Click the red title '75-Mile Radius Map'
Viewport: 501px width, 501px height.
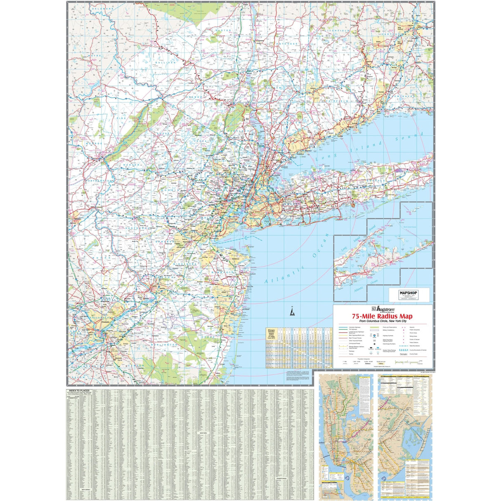click(382, 317)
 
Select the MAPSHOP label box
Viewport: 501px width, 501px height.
click(409, 294)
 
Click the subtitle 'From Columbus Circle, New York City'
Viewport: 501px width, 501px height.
click(383, 321)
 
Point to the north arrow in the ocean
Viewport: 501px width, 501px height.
click(292, 312)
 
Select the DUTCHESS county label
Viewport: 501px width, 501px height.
click(287, 44)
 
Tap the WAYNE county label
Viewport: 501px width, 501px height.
click(95, 55)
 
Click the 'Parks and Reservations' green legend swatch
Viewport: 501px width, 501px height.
click(374, 327)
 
